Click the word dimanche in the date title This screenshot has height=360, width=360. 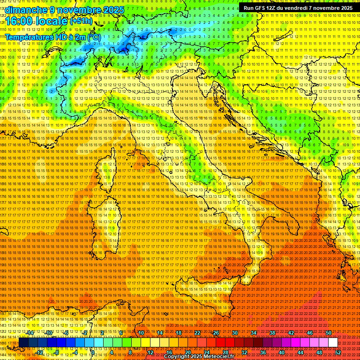pyautogui.click(x=26, y=10)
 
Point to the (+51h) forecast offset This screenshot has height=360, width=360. pyautogui.click(x=83, y=21)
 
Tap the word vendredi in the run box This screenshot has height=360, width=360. pyautogui.click(x=296, y=8)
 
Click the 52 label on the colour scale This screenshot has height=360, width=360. pyautogui.click(x=338, y=352)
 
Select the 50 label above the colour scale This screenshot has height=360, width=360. pyautogui.click(x=329, y=333)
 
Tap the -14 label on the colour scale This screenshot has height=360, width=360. pyautogui.click(x=30, y=333)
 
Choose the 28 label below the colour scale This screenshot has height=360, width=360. pyautogui.click(x=225, y=352)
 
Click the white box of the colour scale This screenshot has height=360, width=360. pyautogui.click(x=333, y=343)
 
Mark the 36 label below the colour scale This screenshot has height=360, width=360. pyautogui.click(x=263, y=352)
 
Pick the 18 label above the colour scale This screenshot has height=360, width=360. pyautogui.click(x=179, y=333)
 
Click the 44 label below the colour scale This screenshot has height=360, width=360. pyautogui.click(x=300, y=352)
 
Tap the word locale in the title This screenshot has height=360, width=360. pyautogui.click(x=52, y=21)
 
